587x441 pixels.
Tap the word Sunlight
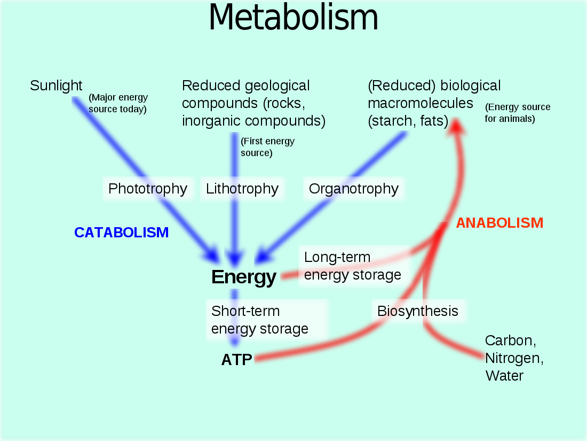tap(56, 86)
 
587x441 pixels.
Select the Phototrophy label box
tap(148, 189)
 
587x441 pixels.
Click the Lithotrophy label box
tap(242, 189)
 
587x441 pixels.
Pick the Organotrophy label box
tap(353, 189)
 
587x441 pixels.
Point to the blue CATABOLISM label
tap(121, 233)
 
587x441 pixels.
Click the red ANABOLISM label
tap(499, 223)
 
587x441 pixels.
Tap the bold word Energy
tap(244, 277)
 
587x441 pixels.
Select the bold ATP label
tap(236, 360)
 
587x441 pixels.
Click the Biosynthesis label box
tap(417, 311)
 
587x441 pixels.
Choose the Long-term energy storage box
tap(352, 266)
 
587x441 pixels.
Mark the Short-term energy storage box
tap(260, 320)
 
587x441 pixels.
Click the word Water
tap(504, 376)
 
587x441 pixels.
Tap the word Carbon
tap(510, 341)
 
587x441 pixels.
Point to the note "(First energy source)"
tap(267, 147)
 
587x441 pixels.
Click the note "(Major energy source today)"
tap(118, 103)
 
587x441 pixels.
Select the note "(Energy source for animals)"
tap(517, 113)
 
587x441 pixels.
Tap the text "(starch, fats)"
tap(408, 121)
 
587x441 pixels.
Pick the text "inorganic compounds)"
tap(253, 121)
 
